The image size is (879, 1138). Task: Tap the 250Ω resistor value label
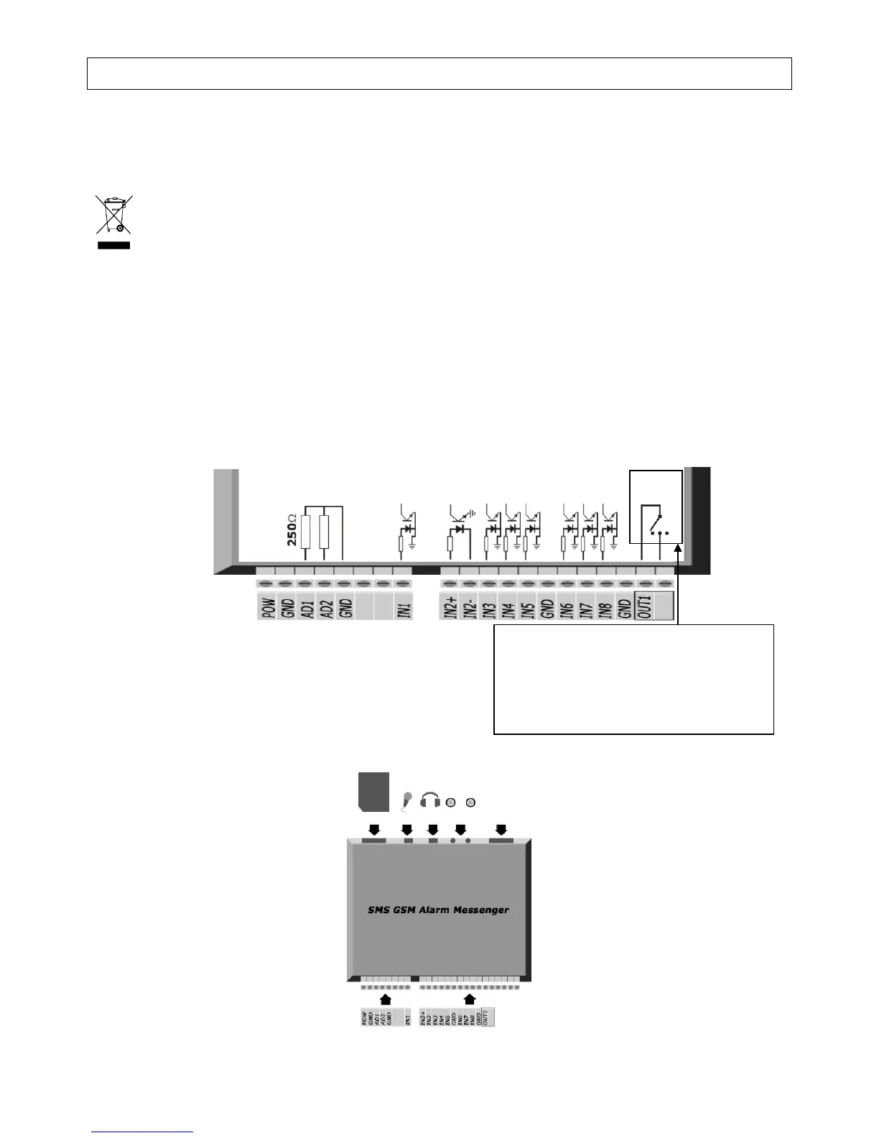point(292,530)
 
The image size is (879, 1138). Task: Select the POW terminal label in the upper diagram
point(267,609)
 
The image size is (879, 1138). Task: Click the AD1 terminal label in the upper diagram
point(306,609)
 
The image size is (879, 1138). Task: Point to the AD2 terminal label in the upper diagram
point(325,609)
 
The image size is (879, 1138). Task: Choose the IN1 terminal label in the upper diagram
point(404,609)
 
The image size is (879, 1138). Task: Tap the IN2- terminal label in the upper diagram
point(470,609)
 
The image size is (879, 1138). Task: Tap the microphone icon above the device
point(406,800)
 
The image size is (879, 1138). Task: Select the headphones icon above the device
point(430,800)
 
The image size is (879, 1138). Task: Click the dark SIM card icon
point(373,791)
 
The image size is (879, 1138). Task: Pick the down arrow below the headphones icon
point(433,829)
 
